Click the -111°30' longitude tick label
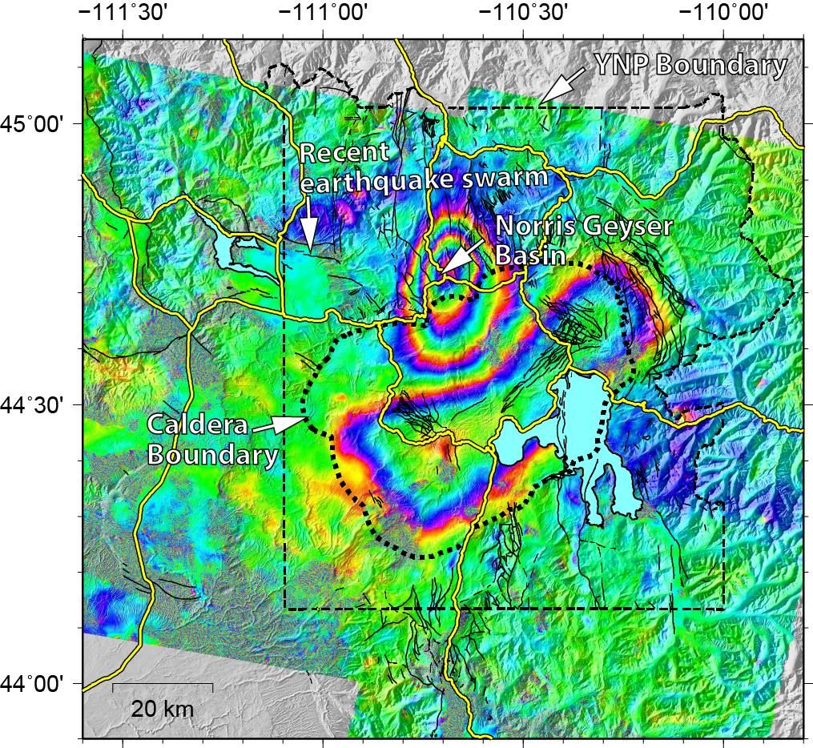tap(121, 14)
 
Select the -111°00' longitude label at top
tap(322, 14)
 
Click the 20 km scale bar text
tap(162, 709)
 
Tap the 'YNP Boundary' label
tap(690, 65)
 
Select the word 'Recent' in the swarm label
tap(344, 152)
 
